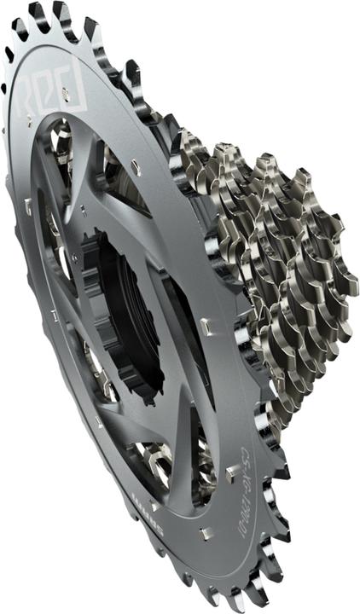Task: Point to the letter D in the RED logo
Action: pyautogui.click(x=75, y=92)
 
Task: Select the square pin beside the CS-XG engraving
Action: pyautogui.click(x=231, y=470)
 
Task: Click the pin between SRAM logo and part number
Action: pyautogui.click(x=205, y=533)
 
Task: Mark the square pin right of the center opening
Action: pyautogui.click(x=205, y=325)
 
